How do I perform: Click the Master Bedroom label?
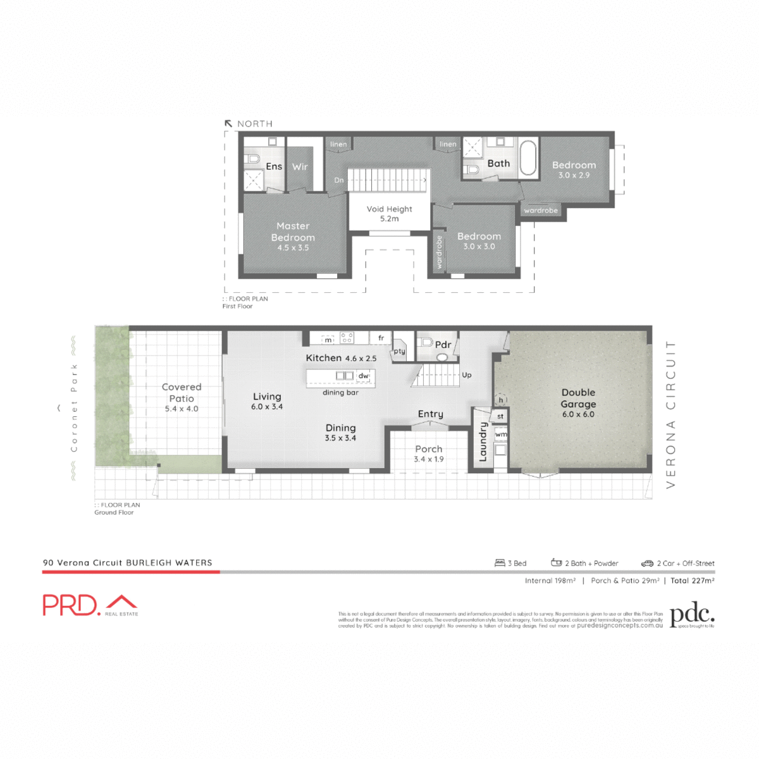[293, 231]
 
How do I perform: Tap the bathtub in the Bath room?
[528, 158]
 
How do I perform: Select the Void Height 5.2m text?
[389, 213]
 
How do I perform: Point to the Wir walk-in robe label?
[300, 167]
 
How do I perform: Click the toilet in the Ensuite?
[252, 158]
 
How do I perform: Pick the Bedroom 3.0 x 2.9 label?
[574, 170]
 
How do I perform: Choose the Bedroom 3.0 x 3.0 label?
[479, 241]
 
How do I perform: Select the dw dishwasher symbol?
[363, 376]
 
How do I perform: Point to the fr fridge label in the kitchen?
[381, 338]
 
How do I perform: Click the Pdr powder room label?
[443, 345]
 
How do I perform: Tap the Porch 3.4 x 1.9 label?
[429, 454]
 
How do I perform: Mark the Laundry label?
[483, 441]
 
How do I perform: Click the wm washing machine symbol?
[501, 435]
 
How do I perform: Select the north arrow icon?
[228, 124]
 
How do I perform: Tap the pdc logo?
[692, 615]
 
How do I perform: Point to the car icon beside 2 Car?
[647, 563]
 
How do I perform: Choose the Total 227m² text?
[693, 581]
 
